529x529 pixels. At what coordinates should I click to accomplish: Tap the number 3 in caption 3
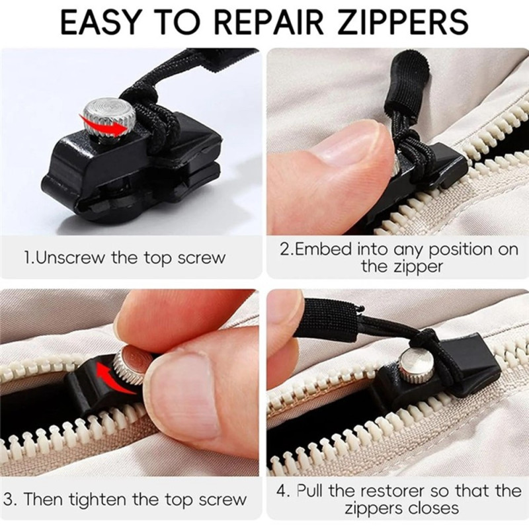point(9,499)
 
